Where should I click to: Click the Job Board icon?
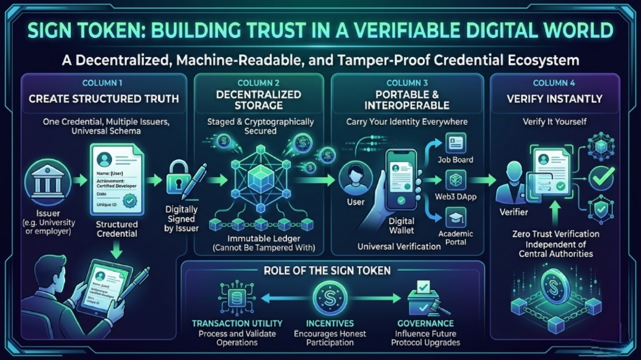(x=455, y=143)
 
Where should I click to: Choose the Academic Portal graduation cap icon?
(x=455, y=217)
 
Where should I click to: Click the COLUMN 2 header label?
(x=259, y=83)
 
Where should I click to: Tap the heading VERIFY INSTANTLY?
(x=555, y=99)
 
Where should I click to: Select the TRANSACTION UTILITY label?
(x=237, y=323)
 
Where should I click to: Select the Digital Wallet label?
(x=401, y=225)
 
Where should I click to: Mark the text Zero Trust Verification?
(x=555, y=234)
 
